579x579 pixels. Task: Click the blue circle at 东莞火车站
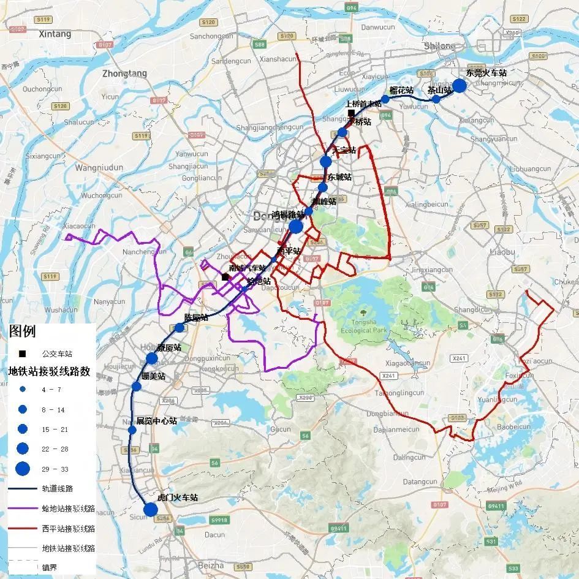pos(459,85)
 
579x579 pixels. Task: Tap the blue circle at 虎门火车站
pos(150,509)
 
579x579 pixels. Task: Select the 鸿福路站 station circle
pos(296,226)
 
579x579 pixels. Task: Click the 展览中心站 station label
pos(156,421)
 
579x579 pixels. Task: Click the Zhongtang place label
pos(125,74)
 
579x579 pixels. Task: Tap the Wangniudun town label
pos(99,167)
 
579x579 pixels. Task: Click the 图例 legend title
pos(22,332)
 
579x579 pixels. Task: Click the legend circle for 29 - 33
pos(23,469)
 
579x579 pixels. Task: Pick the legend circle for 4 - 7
pos(23,390)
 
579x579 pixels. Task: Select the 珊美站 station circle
pos(137,386)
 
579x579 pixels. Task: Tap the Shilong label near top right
pos(440,47)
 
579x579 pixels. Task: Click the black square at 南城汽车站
pos(225,277)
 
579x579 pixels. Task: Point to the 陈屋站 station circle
pos(179,328)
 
